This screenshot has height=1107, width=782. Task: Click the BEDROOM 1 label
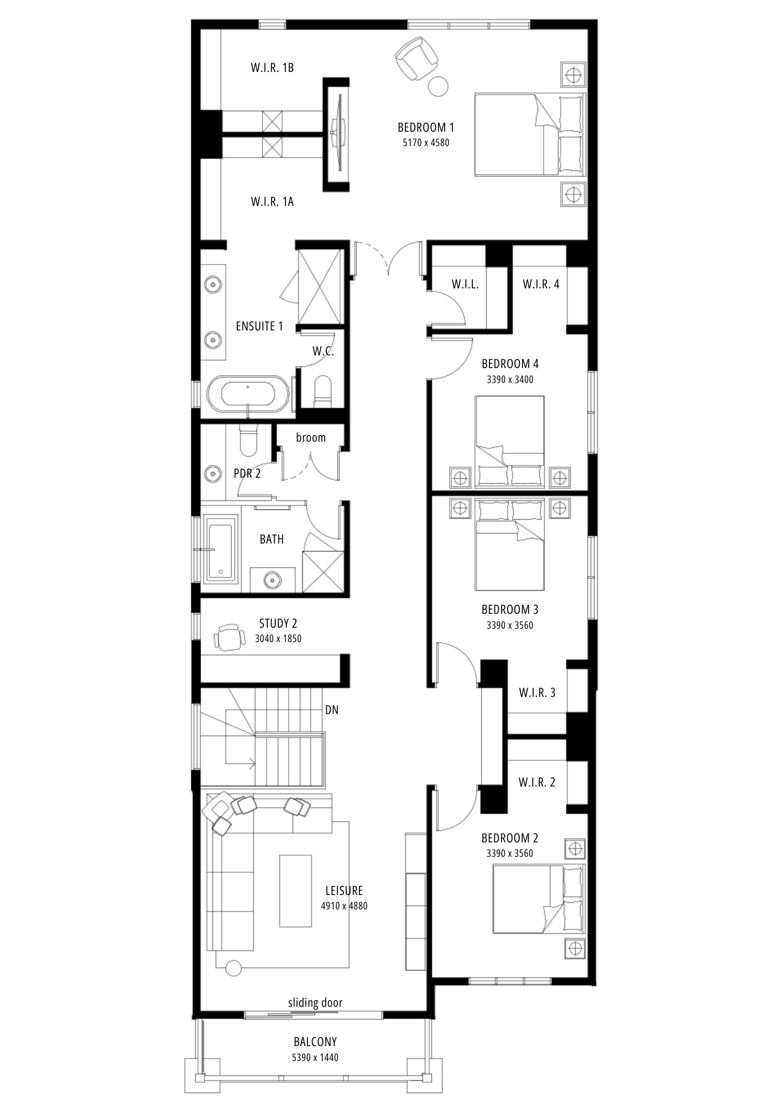[426, 127]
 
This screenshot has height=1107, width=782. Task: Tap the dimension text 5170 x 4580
[426, 143]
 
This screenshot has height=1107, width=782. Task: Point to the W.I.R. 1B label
[272, 68]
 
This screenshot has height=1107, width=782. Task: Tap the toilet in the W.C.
[321, 391]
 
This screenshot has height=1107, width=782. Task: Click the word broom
[311, 438]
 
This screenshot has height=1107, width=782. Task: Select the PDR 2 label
[247, 474]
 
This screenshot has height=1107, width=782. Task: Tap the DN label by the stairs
[332, 710]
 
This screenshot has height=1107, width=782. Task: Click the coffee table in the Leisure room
[295, 891]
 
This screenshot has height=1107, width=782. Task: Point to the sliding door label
[315, 1003]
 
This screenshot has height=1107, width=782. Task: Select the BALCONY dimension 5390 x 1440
[315, 1058]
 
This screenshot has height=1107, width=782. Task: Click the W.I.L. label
[465, 284]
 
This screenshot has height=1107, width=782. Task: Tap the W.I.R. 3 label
[537, 692]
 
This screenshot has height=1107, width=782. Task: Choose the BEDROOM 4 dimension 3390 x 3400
[510, 380]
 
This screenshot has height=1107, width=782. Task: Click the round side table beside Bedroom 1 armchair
[439, 85]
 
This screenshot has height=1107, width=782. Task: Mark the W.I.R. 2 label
[537, 783]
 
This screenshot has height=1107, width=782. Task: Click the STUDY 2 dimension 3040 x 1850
[278, 639]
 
